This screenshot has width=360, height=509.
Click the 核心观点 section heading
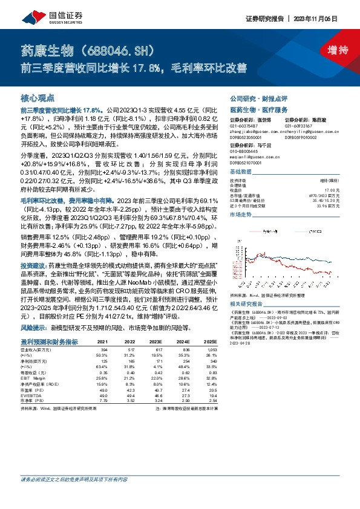(x=38, y=98)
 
